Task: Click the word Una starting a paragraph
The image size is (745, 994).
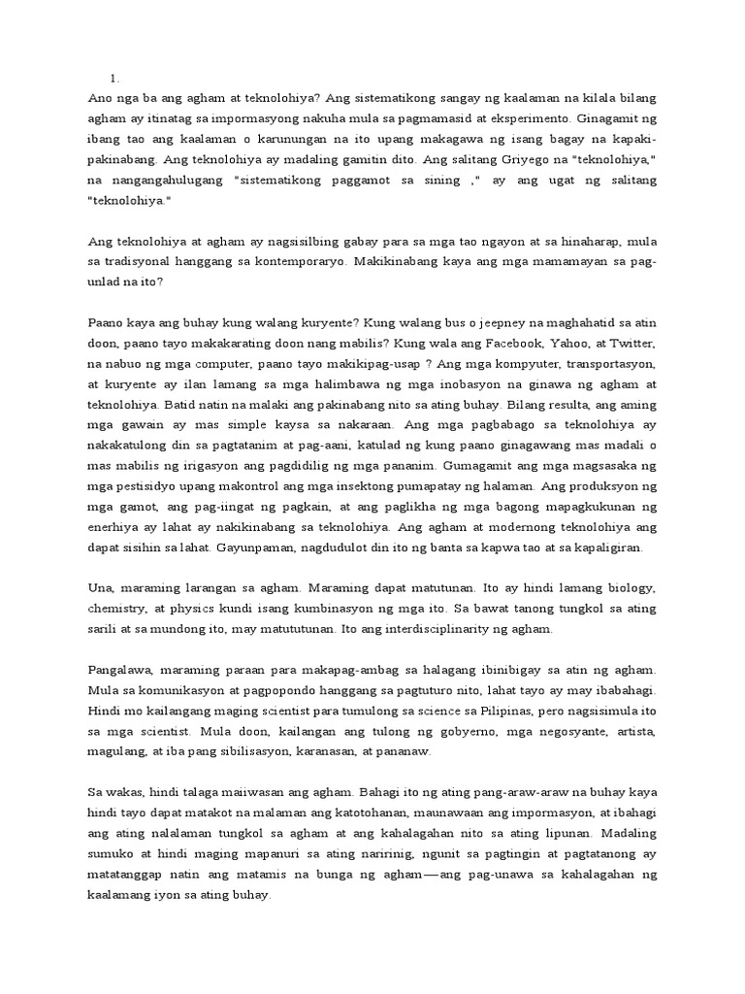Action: pos(101,588)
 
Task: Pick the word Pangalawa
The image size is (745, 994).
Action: pos(121,670)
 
